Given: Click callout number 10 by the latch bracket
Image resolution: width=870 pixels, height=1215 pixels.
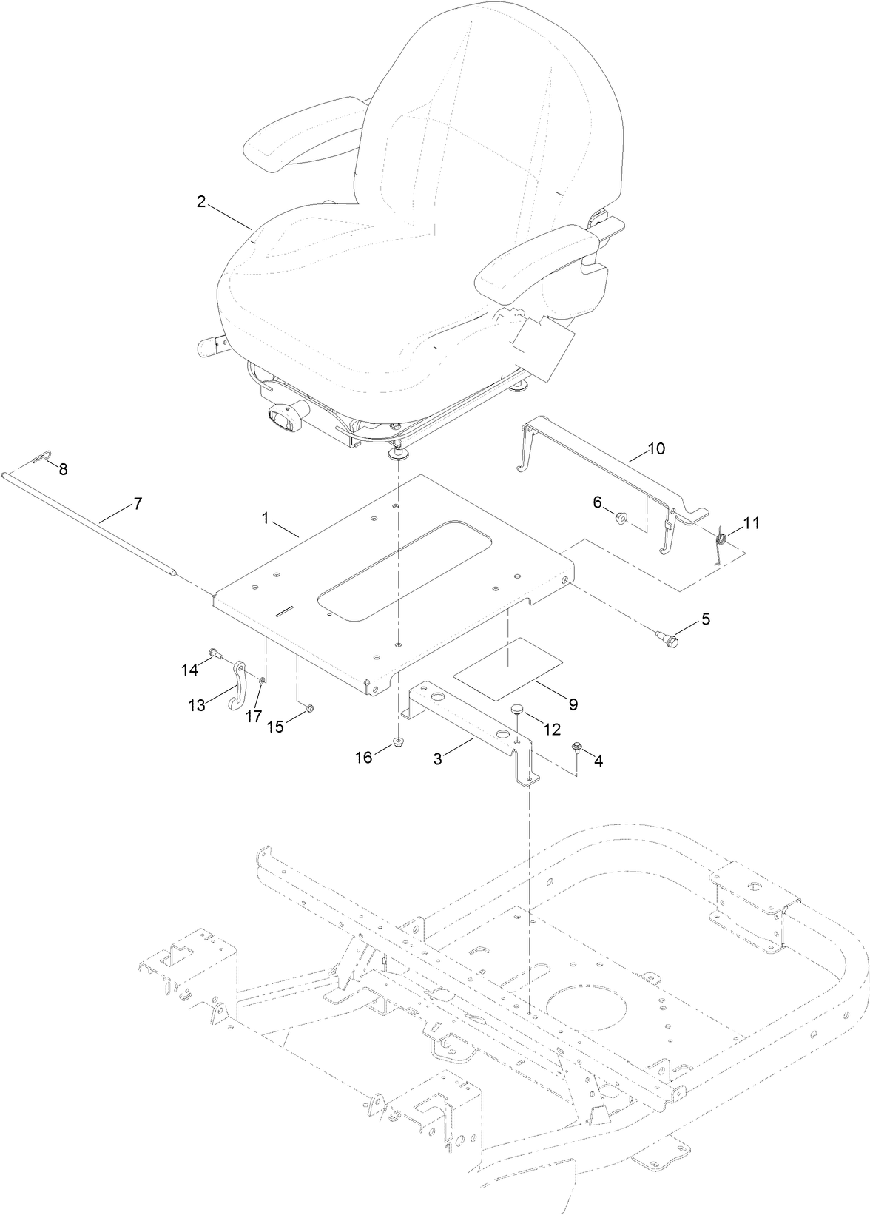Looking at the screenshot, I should pos(656,448).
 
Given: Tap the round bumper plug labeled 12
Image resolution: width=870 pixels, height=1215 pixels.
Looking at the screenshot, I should pos(516,710).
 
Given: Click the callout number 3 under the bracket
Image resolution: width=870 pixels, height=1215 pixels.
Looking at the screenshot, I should pos(437,759).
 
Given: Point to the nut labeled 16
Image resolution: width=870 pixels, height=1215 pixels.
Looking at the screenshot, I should pos(399,742).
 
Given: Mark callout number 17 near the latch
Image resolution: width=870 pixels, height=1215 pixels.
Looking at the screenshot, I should pos(254,716).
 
